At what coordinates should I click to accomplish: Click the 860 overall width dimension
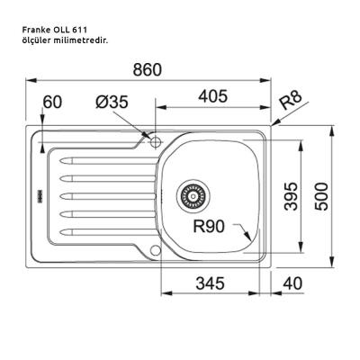(148, 69)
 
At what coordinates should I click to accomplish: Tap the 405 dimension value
(213, 96)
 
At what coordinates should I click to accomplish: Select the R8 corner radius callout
(290, 101)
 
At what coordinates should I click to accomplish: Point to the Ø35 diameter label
(112, 102)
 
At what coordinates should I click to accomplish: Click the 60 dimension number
(52, 102)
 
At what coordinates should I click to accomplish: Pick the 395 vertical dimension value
(291, 196)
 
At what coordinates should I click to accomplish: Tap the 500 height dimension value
(321, 196)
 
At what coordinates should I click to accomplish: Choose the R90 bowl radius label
(209, 226)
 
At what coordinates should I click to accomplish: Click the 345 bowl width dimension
(210, 283)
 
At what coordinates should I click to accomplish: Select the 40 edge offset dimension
(292, 283)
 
